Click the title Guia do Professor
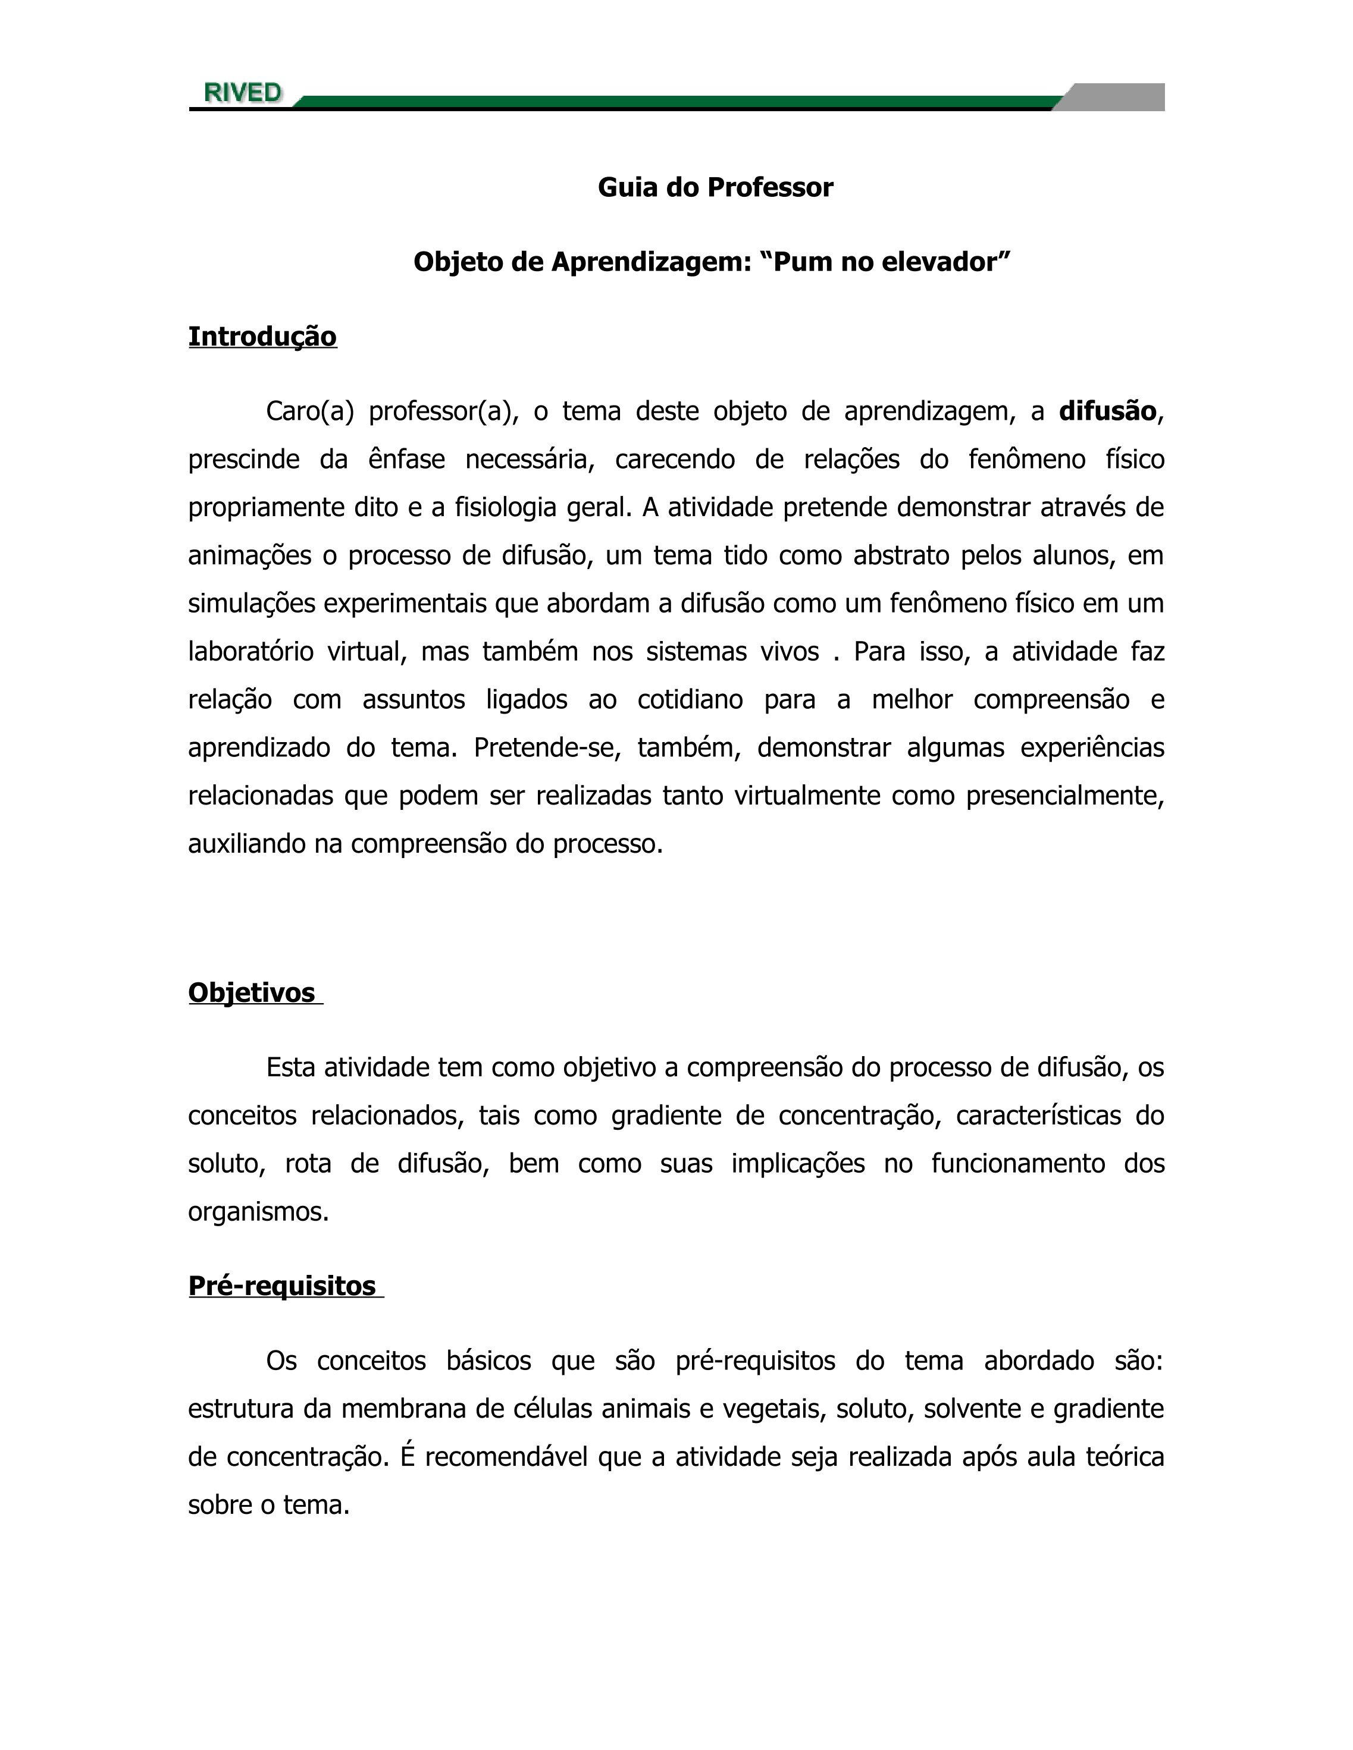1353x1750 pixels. (x=715, y=187)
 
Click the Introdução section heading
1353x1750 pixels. (x=262, y=337)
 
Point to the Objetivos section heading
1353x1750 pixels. (x=252, y=993)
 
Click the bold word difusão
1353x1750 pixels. (x=1107, y=411)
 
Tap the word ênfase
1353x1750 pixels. (x=406, y=459)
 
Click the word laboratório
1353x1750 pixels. (x=250, y=652)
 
